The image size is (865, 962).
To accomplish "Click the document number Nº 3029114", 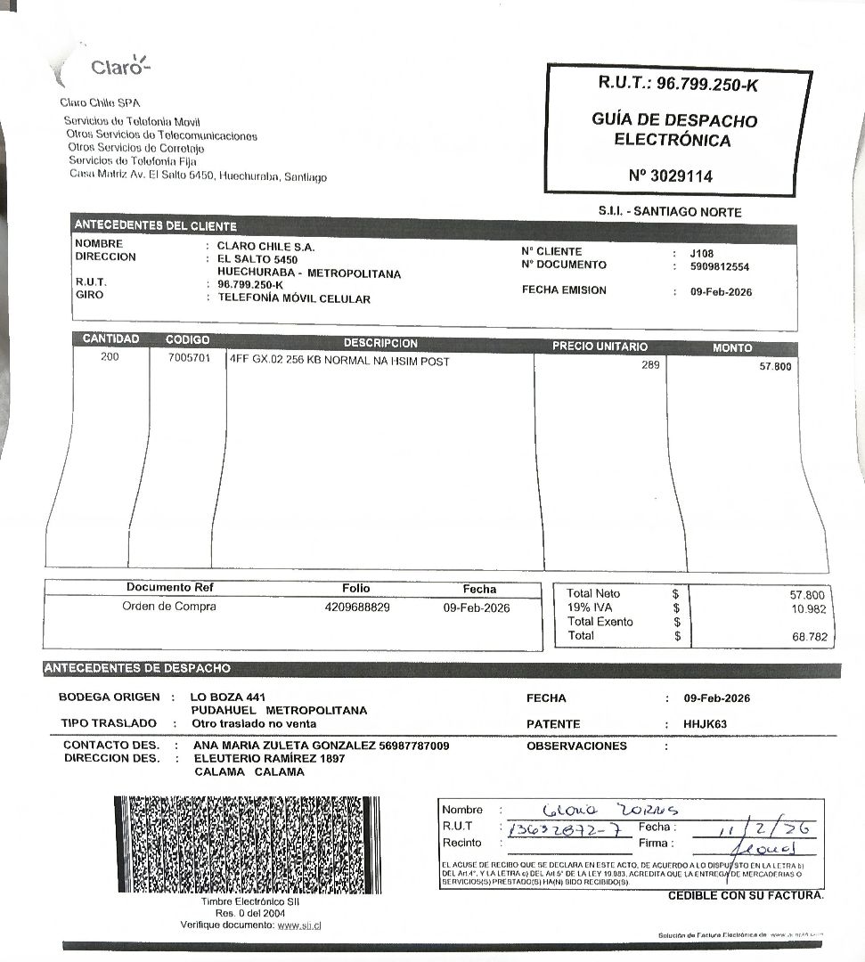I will (x=670, y=176).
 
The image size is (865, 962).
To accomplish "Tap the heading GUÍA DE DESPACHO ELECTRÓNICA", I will (x=673, y=130).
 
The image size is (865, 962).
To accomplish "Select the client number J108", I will (x=701, y=253).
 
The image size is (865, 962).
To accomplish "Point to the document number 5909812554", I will (x=719, y=266).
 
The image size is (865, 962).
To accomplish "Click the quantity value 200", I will (x=110, y=357).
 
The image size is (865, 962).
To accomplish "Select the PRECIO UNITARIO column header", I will (x=600, y=346).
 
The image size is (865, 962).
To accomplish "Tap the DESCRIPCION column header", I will (x=380, y=344).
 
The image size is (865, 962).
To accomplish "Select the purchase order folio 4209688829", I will (x=357, y=607).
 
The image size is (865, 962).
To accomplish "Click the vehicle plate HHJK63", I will (x=705, y=724).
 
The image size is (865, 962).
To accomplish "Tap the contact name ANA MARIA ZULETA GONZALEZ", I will (x=285, y=746).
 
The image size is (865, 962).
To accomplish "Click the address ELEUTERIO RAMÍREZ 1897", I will (x=269, y=759).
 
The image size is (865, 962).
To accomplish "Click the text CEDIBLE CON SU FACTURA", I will (x=746, y=895).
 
